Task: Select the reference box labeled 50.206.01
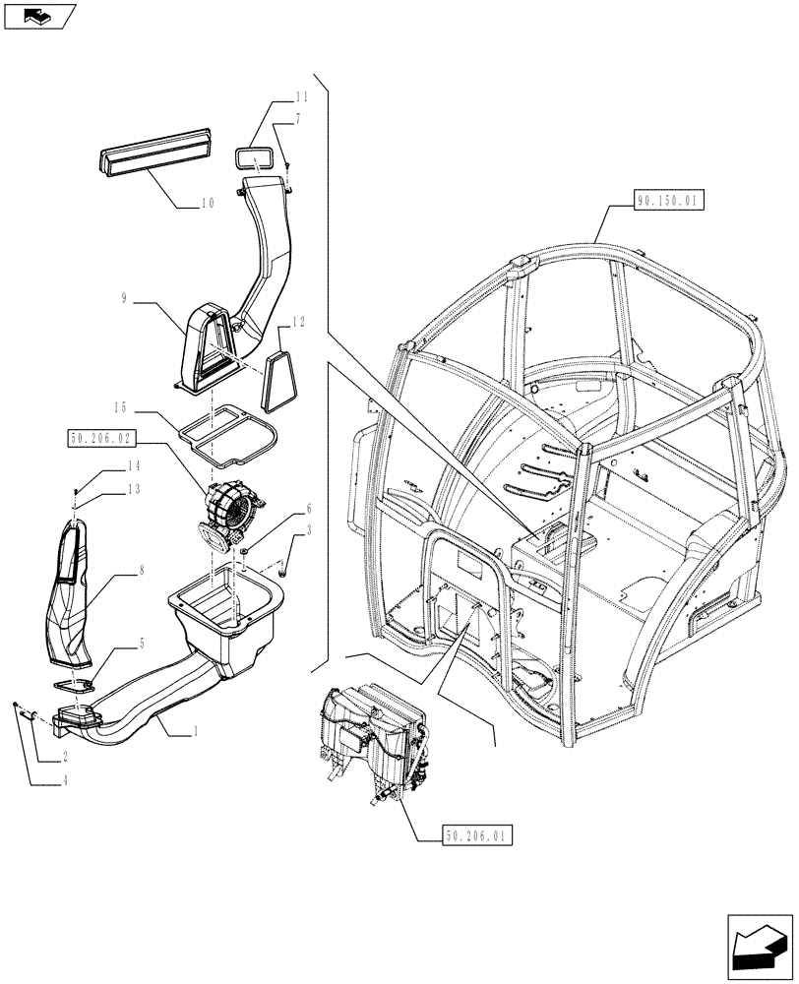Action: (x=478, y=836)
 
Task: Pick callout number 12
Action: (x=299, y=321)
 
